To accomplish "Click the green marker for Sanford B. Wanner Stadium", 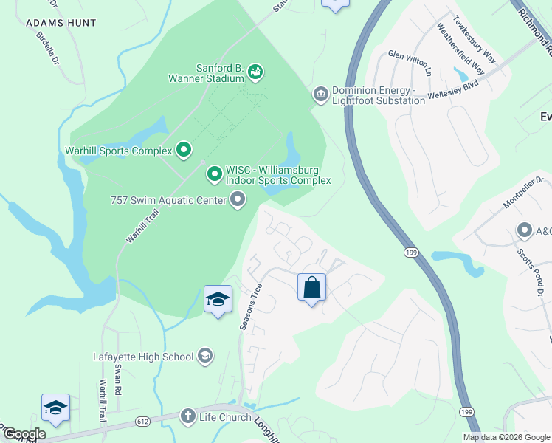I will [255, 72].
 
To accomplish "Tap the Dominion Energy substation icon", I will [320, 93].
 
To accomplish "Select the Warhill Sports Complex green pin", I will [184, 151].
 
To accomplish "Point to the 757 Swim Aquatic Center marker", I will [238, 199].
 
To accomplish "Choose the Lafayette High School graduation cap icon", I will [205, 357].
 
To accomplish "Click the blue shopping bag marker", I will [312, 287].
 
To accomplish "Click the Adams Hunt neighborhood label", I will [61, 23].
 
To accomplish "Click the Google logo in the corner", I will [24, 434].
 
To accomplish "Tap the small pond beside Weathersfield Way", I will [462, 75].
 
